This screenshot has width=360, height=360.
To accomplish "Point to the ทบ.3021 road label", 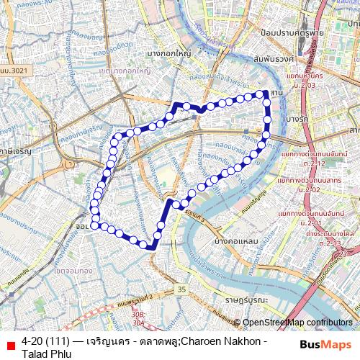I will (14, 69).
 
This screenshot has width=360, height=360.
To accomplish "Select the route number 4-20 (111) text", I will (47, 340).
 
